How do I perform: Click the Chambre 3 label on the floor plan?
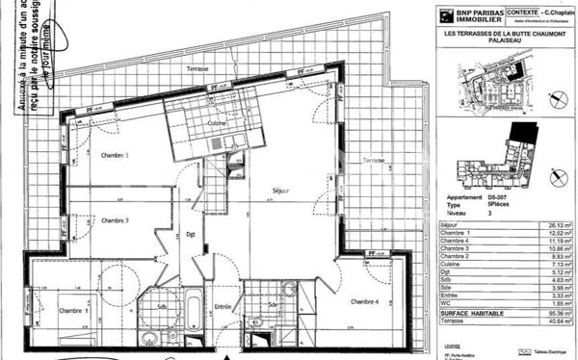[x=115, y=155]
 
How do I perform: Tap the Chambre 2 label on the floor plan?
[x=115, y=220]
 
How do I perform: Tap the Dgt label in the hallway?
[x=191, y=234]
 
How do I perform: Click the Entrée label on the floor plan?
[x=223, y=307]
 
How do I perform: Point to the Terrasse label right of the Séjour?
[x=373, y=160]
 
